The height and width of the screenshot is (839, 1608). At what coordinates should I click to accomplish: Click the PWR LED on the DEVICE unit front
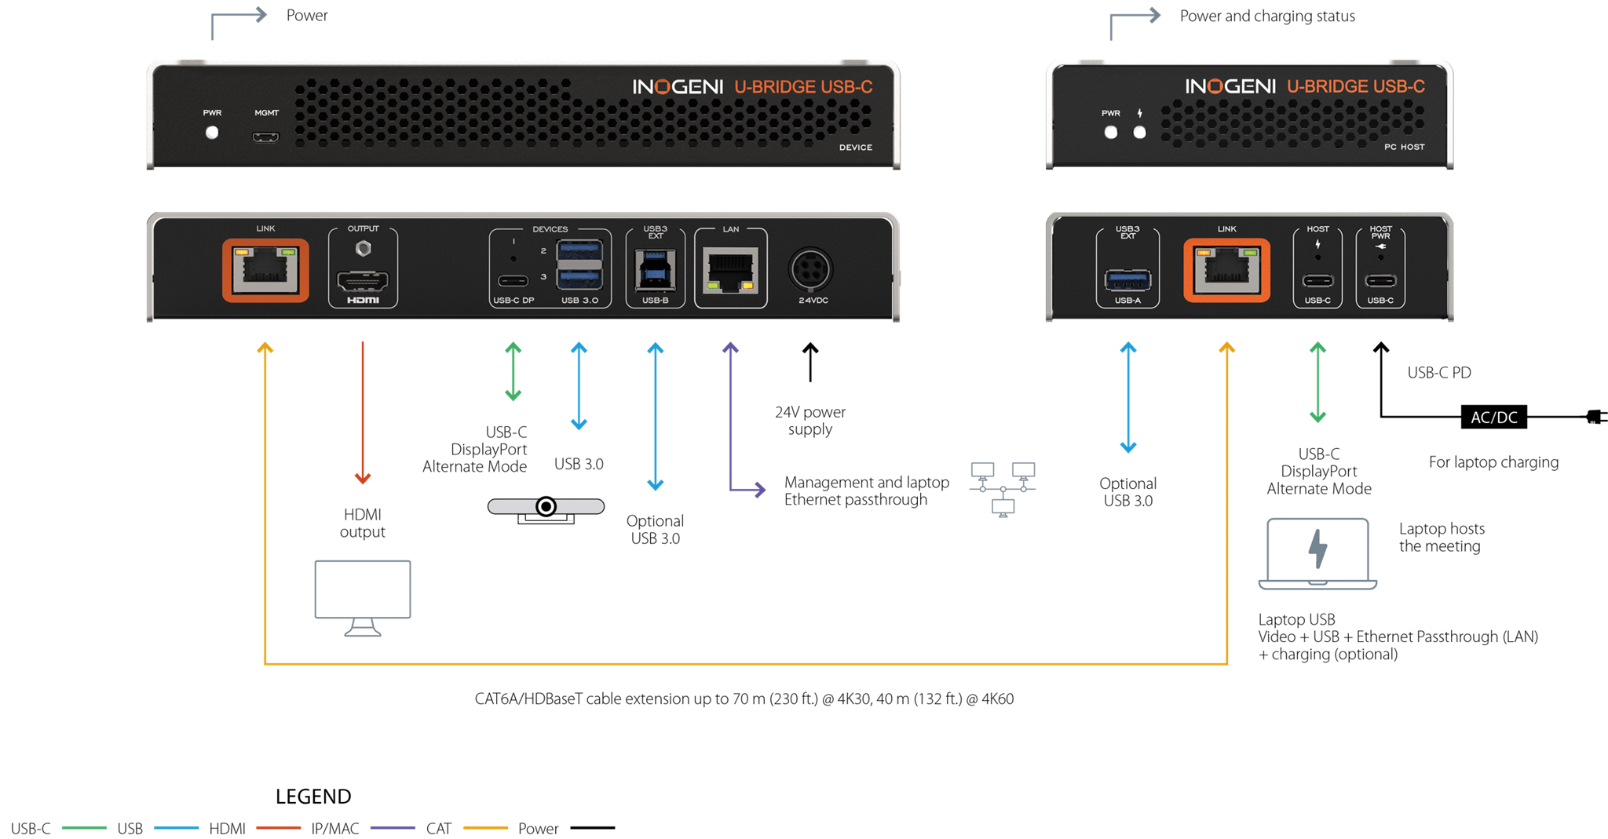pos(212,133)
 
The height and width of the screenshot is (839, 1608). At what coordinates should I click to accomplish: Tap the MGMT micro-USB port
pos(265,137)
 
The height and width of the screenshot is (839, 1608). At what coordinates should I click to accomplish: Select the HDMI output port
pos(363,280)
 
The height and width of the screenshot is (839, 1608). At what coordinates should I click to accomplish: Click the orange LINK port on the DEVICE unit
pos(265,271)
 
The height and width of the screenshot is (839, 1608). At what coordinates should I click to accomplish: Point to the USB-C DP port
pos(513,281)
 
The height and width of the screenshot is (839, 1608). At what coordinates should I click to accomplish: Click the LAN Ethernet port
pos(731,270)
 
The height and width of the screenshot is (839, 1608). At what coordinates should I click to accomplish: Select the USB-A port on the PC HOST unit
pos(1127,279)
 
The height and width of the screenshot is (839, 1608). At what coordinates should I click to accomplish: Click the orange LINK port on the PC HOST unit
pos(1226,271)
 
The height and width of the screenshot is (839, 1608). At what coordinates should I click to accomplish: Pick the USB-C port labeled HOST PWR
pos(1380,280)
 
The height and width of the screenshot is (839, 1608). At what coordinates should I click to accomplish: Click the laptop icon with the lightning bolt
pos(1317,553)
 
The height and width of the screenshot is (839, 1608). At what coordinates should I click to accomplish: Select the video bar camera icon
pos(546,508)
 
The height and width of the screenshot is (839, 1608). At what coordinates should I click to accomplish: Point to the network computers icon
pos(1003,487)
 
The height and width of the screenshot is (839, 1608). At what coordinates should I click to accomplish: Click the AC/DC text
pos(1493,418)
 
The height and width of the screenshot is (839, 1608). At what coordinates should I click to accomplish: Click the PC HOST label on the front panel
pos(1404,147)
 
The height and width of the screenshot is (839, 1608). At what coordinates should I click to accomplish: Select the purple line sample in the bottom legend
pos(393,827)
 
